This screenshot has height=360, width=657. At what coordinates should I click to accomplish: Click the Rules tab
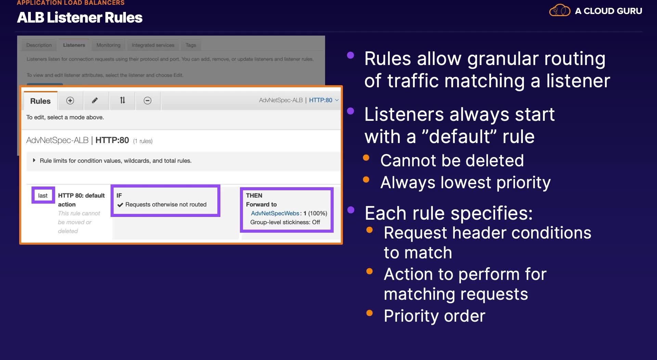(x=40, y=101)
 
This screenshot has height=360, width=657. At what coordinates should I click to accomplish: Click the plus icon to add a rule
(x=70, y=100)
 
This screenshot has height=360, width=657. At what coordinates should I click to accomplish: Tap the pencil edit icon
(x=95, y=100)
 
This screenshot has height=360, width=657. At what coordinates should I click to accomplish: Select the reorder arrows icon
(x=123, y=100)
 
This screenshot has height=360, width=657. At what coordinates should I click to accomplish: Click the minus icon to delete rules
(x=147, y=100)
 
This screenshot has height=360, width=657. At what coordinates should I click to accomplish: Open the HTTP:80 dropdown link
(x=324, y=100)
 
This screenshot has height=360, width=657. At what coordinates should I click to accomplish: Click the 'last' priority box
(x=43, y=195)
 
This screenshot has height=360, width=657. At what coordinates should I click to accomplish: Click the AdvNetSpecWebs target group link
(x=275, y=213)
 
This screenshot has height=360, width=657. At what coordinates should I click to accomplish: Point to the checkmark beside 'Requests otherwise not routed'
(x=120, y=205)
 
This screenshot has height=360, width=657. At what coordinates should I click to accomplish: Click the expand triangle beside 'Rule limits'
(x=34, y=160)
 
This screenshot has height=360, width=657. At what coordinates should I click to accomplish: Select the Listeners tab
(x=74, y=45)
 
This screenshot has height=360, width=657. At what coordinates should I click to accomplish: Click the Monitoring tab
(x=108, y=45)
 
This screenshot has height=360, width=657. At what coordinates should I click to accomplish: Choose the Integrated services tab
(x=153, y=45)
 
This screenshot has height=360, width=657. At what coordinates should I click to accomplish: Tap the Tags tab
(x=191, y=45)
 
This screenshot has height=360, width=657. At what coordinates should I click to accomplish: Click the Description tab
(x=39, y=45)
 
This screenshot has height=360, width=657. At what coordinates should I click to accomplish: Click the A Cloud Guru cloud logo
(x=560, y=10)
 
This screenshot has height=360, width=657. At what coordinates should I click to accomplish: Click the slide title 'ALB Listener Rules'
(x=80, y=17)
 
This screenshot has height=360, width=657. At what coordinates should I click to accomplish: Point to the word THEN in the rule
(x=254, y=195)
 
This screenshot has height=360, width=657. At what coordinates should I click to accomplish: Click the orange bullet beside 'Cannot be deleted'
(x=366, y=157)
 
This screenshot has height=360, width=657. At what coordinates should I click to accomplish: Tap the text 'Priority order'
(x=435, y=316)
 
